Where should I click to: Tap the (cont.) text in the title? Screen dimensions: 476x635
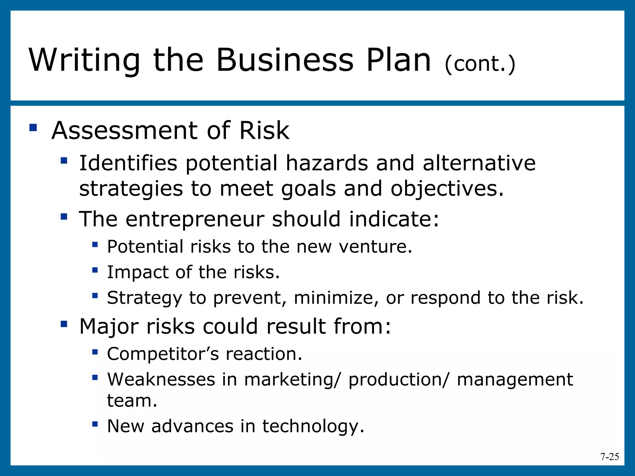point(480,64)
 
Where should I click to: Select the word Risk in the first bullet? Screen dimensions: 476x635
point(264,130)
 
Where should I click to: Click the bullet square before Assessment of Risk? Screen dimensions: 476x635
point(33,128)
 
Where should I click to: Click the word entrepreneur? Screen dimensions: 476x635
point(195,219)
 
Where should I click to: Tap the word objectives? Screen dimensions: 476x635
point(447,189)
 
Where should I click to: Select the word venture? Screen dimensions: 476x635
point(375,247)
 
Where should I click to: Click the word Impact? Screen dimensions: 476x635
point(138,272)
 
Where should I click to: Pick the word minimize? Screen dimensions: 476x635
point(336,298)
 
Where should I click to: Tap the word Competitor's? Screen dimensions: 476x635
point(163,354)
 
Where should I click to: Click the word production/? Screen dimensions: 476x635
point(398,380)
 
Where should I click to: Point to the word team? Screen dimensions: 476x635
point(132,401)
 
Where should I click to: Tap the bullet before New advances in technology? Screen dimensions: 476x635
point(95,424)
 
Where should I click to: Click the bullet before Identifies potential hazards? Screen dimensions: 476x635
point(64,161)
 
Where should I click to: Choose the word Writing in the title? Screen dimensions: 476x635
point(84,60)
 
